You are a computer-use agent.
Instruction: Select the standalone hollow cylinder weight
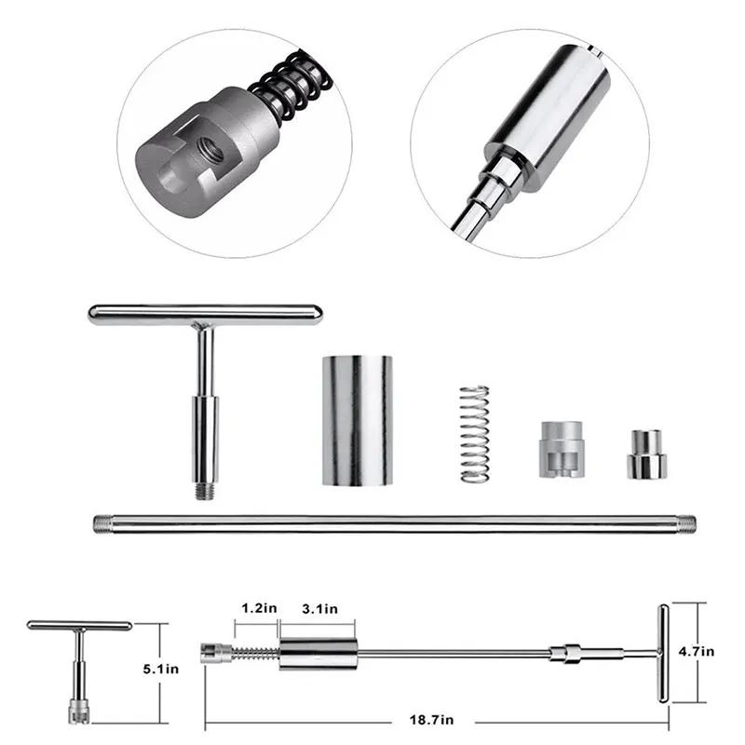pyautogui.click(x=358, y=419)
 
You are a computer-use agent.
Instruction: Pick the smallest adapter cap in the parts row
pyautogui.click(x=643, y=454)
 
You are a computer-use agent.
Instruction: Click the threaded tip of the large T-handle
pyautogui.click(x=206, y=489)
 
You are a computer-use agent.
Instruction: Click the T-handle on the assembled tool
pyautogui.click(x=662, y=652)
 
